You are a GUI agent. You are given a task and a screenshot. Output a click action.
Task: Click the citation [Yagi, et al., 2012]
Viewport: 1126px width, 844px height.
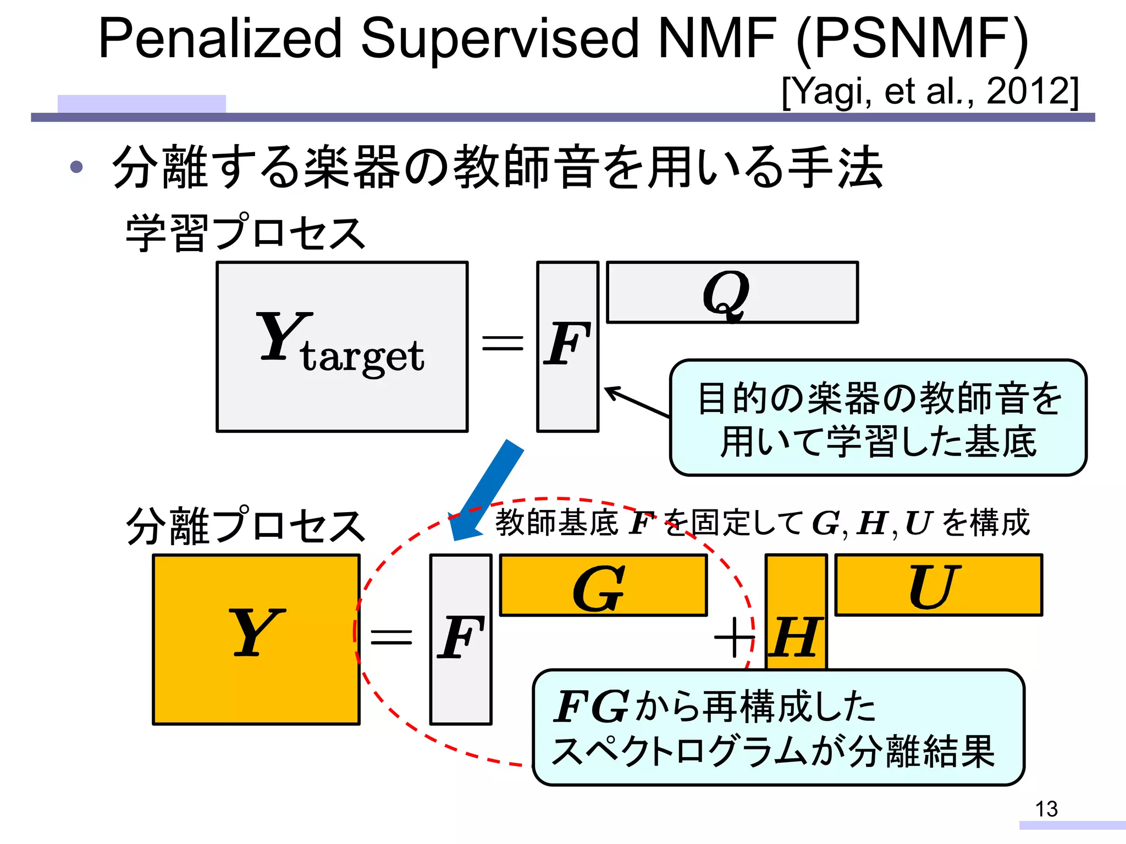[930, 91]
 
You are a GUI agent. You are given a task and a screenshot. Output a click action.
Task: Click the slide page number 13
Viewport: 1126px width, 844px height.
[1046, 809]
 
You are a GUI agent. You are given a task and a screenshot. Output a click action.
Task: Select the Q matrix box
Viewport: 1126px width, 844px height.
[732, 292]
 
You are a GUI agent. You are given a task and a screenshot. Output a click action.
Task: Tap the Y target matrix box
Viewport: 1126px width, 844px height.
[342, 347]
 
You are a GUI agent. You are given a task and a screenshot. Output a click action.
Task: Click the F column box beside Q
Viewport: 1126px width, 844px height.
[567, 347]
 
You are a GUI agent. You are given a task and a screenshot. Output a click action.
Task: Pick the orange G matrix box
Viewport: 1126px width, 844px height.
[603, 585]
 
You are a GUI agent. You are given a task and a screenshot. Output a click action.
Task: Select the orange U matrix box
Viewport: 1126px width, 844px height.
[938, 585]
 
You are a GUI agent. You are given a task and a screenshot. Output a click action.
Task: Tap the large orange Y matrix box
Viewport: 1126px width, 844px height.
[256, 640]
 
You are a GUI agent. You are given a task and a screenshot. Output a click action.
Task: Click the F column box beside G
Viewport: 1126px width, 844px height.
[461, 640]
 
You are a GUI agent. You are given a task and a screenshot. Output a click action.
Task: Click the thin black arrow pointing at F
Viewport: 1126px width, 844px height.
[637, 402]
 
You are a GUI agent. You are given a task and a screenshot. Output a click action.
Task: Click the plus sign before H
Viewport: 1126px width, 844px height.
[733, 637]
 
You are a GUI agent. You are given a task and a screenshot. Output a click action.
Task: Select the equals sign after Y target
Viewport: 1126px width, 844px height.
[502, 343]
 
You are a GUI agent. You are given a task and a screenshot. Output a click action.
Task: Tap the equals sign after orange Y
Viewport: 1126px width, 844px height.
[391, 637]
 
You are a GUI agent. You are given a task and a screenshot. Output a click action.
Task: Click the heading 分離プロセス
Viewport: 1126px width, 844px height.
[245, 526]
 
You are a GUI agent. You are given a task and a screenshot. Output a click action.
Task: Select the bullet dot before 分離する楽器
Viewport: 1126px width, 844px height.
[76, 167]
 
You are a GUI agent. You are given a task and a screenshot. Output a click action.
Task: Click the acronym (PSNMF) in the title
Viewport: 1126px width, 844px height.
[911, 38]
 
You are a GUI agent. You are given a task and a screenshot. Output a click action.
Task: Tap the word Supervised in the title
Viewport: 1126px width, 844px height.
[499, 38]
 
